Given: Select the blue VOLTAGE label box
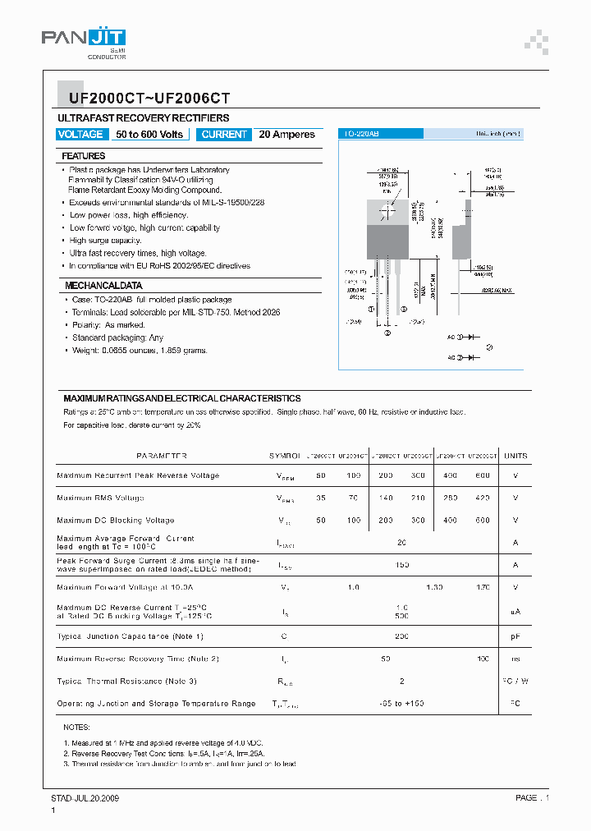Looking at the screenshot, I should tap(80, 135).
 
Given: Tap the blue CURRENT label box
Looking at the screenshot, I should tap(224, 135).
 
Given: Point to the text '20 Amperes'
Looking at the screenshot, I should tap(286, 135).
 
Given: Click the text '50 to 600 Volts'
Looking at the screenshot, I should tap(149, 135).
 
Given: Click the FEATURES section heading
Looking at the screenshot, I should tap(83, 156).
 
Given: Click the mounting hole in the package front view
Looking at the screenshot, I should tap(386, 211).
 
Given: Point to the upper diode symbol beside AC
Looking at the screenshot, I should tap(472, 337).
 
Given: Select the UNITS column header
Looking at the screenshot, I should tap(515, 456).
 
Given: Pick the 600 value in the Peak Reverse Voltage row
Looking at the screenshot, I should tap(483, 476).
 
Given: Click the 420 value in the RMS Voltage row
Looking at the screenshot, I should tap(483, 498).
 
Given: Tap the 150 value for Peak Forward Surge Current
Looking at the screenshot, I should tap(402, 566).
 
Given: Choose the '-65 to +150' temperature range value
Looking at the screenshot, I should tap(402, 704).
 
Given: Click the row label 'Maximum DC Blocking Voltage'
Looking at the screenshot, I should tap(115, 521).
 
